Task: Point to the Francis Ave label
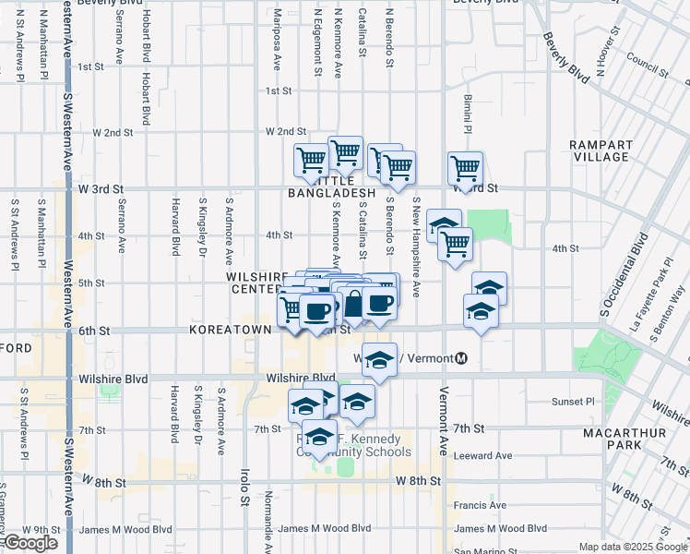click(x=481, y=505)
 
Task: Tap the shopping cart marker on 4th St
click(x=456, y=245)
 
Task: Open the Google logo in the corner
click(x=30, y=543)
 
